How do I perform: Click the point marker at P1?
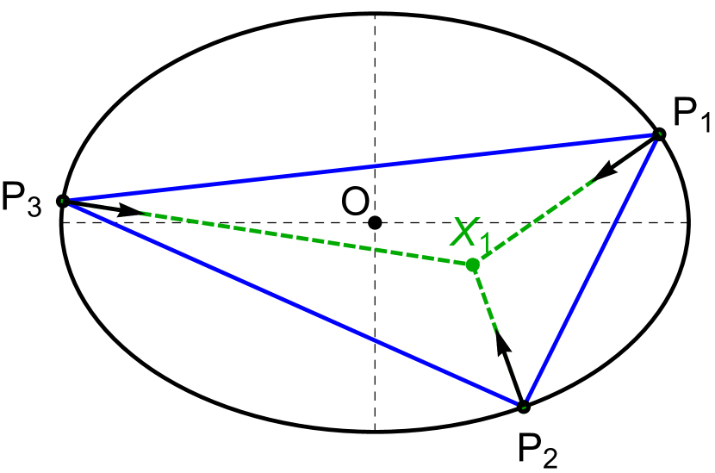tap(658, 134)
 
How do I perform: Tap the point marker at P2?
tap(523, 405)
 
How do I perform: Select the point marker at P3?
tap(62, 201)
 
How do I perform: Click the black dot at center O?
tap(375, 223)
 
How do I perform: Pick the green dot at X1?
tap(472, 265)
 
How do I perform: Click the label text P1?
tap(690, 115)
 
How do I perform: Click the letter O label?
tap(355, 203)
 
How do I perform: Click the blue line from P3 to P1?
tap(362, 167)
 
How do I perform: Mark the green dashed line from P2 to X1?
tap(487, 302)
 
